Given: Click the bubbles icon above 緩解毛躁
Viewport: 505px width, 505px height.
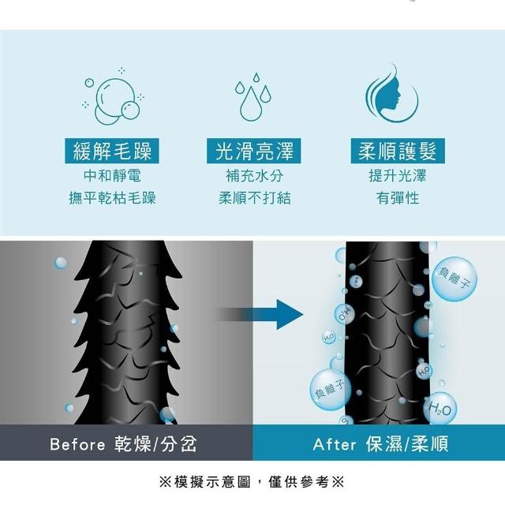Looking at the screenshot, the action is (x=113, y=96).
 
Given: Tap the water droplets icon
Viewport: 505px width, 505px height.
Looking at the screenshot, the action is (x=253, y=97).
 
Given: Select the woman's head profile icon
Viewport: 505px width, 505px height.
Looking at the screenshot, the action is (x=392, y=93).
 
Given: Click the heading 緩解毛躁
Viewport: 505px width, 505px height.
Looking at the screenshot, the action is (x=112, y=151).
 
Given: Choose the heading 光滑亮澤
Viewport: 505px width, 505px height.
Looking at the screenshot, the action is (x=254, y=151).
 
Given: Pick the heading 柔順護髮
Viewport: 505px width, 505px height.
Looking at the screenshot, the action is (x=398, y=151).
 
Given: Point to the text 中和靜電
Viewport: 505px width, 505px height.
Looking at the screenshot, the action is (x=112, y=176).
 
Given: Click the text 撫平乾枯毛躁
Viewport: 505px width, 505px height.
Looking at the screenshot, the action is (x=112, y=198).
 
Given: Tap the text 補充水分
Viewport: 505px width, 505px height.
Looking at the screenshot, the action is (x=254, y=176).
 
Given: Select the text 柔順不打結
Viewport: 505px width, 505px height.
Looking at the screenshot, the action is (x=254, y=198).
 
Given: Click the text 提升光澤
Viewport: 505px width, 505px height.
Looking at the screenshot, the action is (x=398, y=176).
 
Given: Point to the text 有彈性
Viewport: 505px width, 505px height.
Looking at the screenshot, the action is (x=398, y=198).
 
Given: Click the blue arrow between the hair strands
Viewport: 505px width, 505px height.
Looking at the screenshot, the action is (x=259, y=314).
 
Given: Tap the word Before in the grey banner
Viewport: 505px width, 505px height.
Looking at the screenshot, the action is (x=77, y=444).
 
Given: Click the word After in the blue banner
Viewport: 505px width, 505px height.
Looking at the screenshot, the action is (x=335, y=444).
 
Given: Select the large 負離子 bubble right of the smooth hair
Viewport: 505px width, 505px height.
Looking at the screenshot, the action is (x=454, y=279).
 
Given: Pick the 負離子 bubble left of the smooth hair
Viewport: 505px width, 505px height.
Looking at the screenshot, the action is (x=329, y=390).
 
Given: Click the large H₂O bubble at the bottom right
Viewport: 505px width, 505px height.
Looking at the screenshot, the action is (x=440, y=408).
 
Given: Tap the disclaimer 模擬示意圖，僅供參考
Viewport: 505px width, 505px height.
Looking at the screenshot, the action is (x=252, y=482).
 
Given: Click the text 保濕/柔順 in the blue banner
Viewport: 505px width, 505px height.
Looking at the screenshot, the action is (x=407, y=444).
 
